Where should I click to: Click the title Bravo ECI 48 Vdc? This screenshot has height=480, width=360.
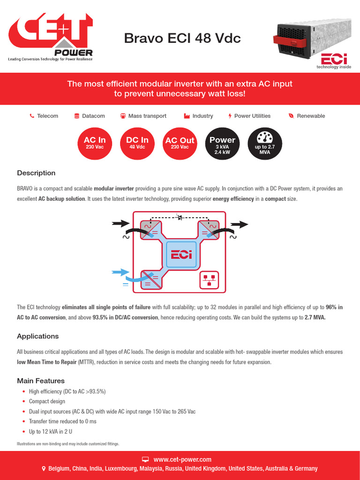182,38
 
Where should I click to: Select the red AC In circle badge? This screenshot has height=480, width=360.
95,143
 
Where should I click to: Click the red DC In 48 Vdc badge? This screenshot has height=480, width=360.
137,143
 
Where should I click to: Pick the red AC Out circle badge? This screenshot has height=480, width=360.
180,143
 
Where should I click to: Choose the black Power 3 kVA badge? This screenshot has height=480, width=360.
222,143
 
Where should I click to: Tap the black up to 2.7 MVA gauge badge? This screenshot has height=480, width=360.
265,143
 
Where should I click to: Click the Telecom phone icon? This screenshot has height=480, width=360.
32,116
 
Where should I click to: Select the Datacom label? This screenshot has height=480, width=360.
93,116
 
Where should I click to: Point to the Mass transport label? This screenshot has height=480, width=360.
147,116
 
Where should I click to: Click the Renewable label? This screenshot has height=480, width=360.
311,116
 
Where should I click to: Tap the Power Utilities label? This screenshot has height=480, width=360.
252,116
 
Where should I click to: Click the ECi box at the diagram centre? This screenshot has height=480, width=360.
180,255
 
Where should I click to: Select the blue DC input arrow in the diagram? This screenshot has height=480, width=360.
120,271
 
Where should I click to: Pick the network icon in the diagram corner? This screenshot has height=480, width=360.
209,280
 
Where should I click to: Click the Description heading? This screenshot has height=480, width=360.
36,173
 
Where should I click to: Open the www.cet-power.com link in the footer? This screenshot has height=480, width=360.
182,459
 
